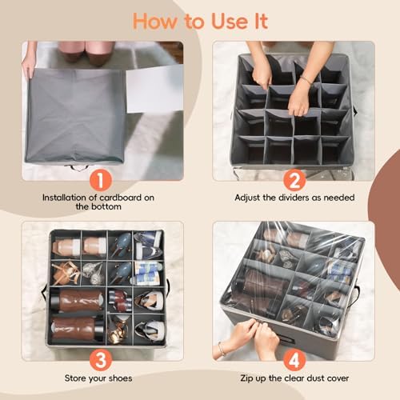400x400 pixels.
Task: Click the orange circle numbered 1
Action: click(x=100, y=181)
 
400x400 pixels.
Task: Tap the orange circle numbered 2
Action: click(x=294, y=181)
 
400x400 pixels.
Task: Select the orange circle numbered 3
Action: click(x=100, y=360)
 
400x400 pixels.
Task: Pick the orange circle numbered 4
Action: click(x=294, y=360)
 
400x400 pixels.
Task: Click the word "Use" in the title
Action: click(x=230, y=22)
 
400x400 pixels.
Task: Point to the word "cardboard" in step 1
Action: click(x=120, y=198)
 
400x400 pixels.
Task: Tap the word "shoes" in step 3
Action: click(x=119, y=378)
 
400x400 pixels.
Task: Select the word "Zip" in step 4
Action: click(x=246, y=378)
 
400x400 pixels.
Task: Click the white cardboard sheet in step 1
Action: click(x=154, y=89)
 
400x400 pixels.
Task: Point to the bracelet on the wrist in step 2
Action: click(x=306, y=80)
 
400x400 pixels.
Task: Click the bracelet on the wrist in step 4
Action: click(x=222, y=348)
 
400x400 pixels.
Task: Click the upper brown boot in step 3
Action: click(x=77, y=301)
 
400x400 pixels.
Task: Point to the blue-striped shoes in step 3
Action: click(x=146, y=273)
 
